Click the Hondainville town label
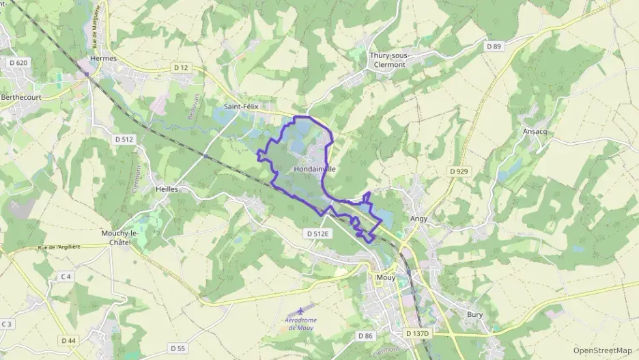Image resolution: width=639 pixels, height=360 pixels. (x=315, y=168)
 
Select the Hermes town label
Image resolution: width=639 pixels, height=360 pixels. (x=103, y=59)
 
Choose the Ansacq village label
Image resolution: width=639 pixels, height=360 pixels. (x=535, y=130)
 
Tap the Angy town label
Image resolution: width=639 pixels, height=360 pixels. (x=418, y=219)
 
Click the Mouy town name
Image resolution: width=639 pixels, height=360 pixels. (x=386, y=278)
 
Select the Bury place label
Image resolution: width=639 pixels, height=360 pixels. (x=474, y=315)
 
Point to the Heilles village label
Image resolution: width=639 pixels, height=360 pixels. (x=167, y=189)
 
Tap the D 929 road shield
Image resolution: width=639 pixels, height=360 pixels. (x=459, y=171)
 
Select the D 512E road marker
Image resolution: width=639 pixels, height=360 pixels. (x=317, y=233)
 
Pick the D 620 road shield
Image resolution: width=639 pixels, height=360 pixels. (x=18, y=63)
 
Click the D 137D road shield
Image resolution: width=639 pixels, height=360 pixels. (x=418, y=333)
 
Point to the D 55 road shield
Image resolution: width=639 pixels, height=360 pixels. (x=177, y=348)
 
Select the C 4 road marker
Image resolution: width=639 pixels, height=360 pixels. (x=66, y=276)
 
